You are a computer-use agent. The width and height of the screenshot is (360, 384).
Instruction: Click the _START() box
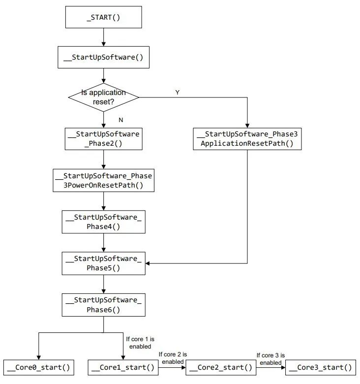coord(103,17)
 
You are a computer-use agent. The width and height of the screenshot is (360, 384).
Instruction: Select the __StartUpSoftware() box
coord(103,57)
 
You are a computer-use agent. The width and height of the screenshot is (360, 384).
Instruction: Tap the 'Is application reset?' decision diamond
coord(103,97)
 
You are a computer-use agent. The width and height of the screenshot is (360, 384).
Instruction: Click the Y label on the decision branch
coord(178,93)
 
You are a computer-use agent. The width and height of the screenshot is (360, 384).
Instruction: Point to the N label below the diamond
coord(121,120)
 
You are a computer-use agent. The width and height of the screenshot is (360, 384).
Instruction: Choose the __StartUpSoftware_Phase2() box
coord(103,139)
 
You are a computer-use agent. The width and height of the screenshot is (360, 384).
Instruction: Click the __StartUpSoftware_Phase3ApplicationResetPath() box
coord(247,139)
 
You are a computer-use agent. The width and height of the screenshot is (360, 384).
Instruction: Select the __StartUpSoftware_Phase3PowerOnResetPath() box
coord(103,181)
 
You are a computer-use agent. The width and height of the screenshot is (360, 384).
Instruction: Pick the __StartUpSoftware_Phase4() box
coord(103,222)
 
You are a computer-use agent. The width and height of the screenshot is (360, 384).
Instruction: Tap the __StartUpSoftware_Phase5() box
coord(103,263)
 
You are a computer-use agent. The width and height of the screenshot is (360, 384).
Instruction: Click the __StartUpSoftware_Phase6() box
coord(103,305)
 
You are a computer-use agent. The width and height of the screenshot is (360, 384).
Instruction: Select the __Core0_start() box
coord(39,368)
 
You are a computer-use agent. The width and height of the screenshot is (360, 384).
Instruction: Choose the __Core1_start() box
coord(123,368)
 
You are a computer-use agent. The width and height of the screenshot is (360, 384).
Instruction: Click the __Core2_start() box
coord(221,368)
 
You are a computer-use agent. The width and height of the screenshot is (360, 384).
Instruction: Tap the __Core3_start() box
coord(321,368)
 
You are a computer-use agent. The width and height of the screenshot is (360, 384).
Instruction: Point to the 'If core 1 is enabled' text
coord(140,343)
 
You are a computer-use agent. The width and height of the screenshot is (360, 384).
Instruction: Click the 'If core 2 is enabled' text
coord(173,358)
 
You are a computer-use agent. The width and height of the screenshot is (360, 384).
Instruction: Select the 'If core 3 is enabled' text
coord(270,359)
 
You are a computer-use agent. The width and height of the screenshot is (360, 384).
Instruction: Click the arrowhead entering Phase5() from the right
coord(148,263)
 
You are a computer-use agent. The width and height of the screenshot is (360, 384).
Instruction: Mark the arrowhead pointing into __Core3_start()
coord(283,368)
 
